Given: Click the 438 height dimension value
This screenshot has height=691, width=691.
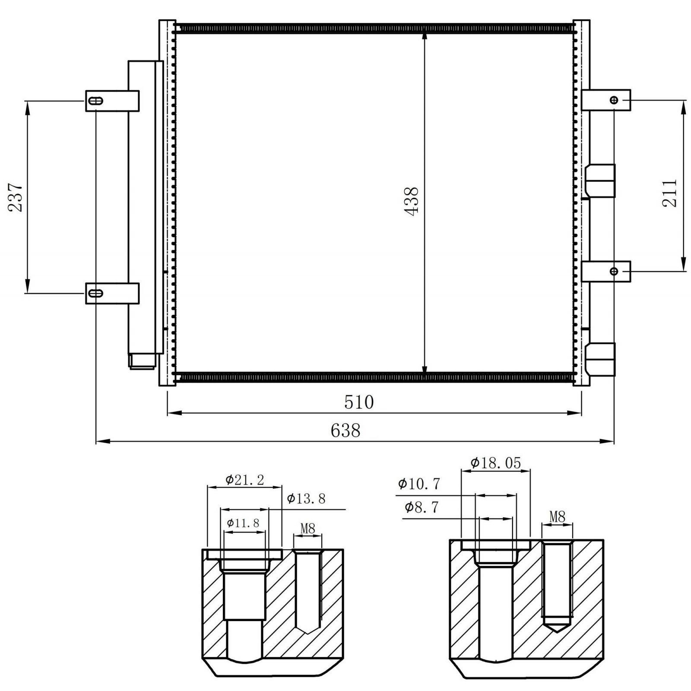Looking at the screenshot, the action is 412,201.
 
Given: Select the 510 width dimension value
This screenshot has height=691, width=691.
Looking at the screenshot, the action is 359,402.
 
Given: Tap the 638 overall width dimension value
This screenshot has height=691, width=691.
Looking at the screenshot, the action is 345,430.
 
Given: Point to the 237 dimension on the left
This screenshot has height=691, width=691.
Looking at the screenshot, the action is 16,197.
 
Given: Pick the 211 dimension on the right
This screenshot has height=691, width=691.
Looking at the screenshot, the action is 670,193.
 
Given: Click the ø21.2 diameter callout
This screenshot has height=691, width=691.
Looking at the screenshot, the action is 244,479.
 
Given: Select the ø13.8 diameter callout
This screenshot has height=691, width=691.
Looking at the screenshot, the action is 306,499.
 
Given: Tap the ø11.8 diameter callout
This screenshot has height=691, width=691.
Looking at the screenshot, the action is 243,523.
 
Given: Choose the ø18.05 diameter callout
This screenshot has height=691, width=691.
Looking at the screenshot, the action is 496,463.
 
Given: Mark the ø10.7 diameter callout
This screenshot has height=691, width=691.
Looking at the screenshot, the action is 419,484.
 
